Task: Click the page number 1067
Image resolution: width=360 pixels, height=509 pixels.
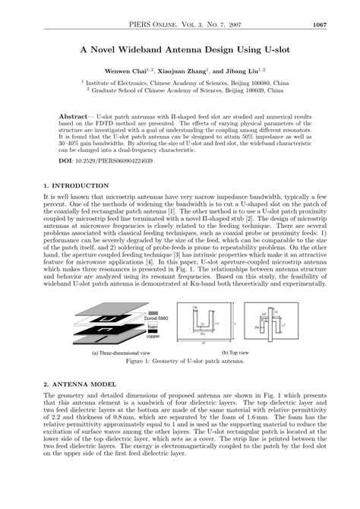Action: click(x=319, y=24)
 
